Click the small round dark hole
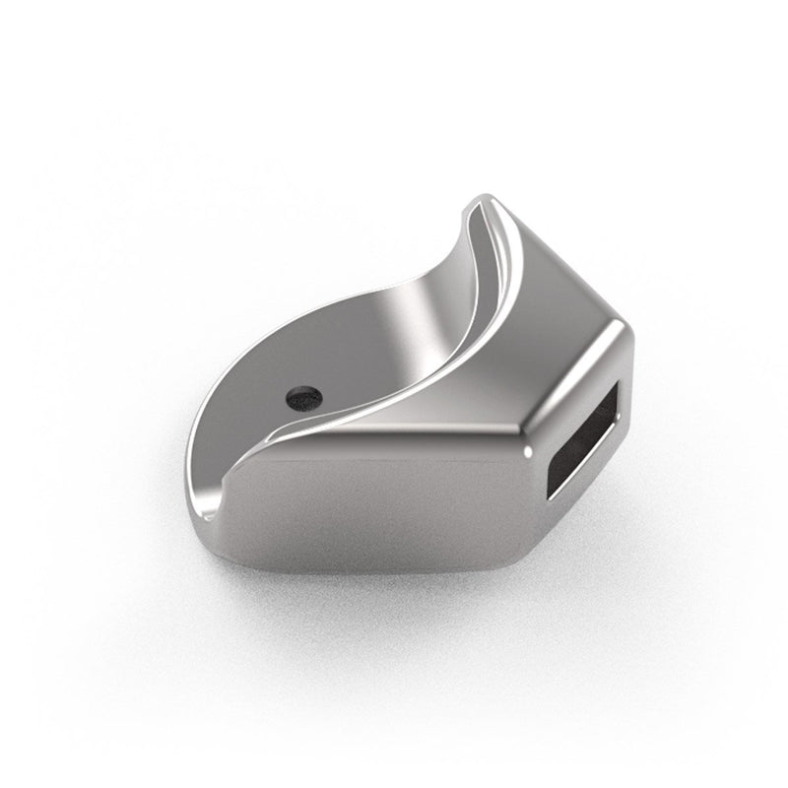click(x=303, y=398)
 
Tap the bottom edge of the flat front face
click(x=394, y=572)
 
